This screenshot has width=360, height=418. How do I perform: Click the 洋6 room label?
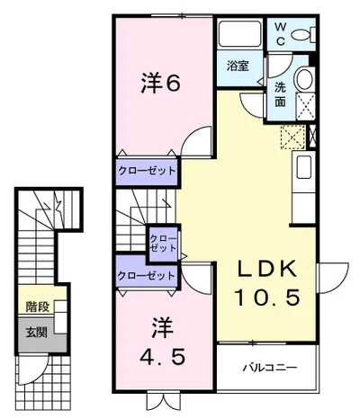pos(160,84)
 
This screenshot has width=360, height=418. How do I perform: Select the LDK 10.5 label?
pos(267,282)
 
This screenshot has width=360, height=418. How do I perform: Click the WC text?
pos(280,34)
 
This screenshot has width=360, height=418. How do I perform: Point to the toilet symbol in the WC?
pos(303,34)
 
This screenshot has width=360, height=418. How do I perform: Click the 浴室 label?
pos(238,66)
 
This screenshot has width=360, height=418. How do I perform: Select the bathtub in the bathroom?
pos(239,33)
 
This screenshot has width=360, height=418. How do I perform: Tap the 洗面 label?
pos(280,94)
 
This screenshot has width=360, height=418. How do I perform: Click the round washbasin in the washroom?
pos(304,79)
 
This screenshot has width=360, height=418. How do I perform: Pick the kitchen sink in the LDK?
pos(303,167)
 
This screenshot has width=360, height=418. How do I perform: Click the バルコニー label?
pos(270,367)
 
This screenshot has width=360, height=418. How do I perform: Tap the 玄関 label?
pos(36,332)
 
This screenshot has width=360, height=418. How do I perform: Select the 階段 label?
pos(38,307)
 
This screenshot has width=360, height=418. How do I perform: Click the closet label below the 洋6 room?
pos(147,171)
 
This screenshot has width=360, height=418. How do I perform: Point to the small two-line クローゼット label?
pos(163,244)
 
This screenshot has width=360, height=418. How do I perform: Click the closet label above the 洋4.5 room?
pos(146,275)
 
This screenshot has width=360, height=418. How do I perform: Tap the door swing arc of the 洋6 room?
pos(190,134)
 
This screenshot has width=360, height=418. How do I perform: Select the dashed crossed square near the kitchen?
pos(293,138)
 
